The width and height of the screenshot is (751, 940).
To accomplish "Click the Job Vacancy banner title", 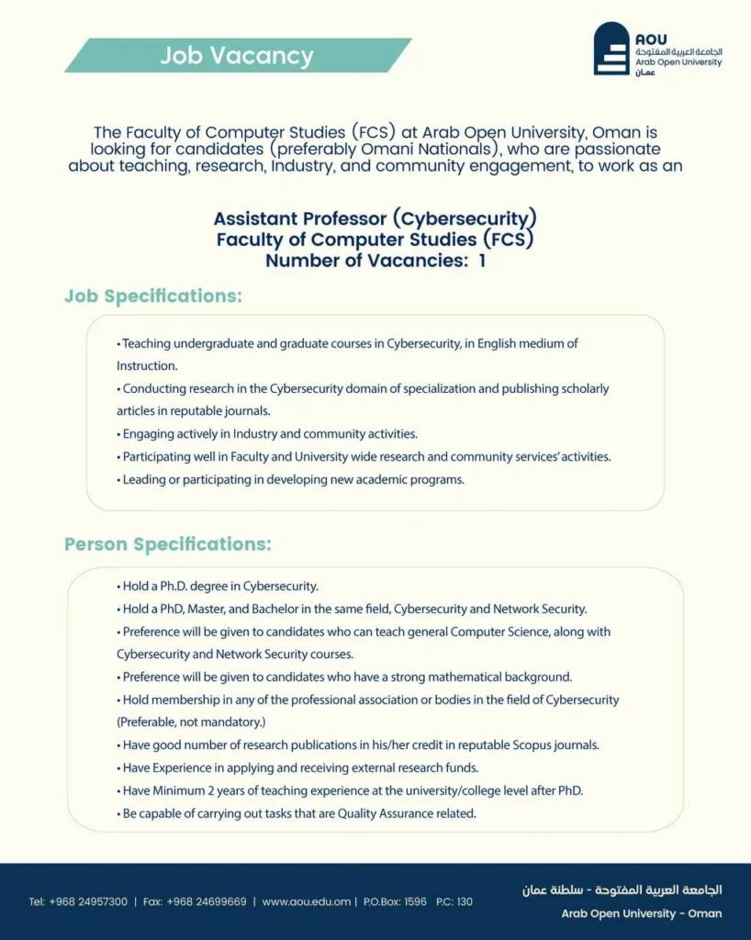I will pyautogui.click(x=237, y=56).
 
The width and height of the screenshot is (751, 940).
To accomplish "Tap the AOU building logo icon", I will pyautogui.click(x=611, y=50).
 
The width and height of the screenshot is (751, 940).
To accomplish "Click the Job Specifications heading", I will pyautogui.click(x=153, y=297).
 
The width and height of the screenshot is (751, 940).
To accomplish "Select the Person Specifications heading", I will pyautogui.click(x=168, y=544).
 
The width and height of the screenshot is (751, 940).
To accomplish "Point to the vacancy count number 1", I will pyautogui.click(x=481, y=260).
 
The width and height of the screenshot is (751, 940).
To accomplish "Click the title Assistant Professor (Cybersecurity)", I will pyautogui.click(x=375, y=219).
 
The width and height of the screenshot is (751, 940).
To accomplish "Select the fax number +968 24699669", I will pyautogui.click(x=207, y=901).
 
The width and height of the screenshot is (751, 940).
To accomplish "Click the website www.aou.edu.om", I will pyautogui.click(x=306, y=901).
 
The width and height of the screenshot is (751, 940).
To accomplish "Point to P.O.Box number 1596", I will pyautogui.click(x=415, y=901).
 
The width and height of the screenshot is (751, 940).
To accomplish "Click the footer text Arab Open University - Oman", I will pyautogui.click(x=641, y=913).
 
